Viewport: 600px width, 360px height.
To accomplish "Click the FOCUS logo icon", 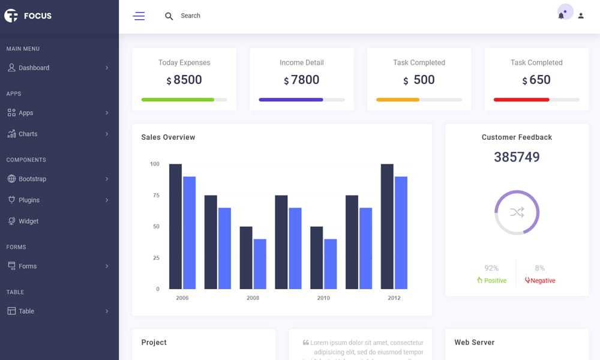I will point(11,16).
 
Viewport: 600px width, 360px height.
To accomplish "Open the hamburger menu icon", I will point(139,16).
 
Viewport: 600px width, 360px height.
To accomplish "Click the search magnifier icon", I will point(169,16).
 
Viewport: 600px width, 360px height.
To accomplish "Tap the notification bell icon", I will point(562,16).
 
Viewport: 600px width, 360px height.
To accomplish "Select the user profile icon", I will point(581,16).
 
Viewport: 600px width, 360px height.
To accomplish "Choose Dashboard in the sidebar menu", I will point(34,68).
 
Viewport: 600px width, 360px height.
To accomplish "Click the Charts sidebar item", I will point(28,134).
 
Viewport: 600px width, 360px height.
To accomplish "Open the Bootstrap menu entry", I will point(32,179).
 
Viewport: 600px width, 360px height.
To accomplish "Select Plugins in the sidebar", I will point(29,200).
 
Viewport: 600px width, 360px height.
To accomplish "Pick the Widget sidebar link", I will point(28,221).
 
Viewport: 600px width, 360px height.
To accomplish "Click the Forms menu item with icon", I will point(27,266).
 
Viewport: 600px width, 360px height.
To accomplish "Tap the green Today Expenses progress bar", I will point(178,100).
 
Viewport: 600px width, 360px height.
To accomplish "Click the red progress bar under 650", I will point(521,100).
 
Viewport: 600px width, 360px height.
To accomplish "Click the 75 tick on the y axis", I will point(156,196).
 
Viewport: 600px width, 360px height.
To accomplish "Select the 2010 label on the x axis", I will point(323,298).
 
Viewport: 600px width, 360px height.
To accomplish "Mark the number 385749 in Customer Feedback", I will point(517,157).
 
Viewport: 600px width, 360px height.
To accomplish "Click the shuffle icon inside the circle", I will point(517,212).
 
